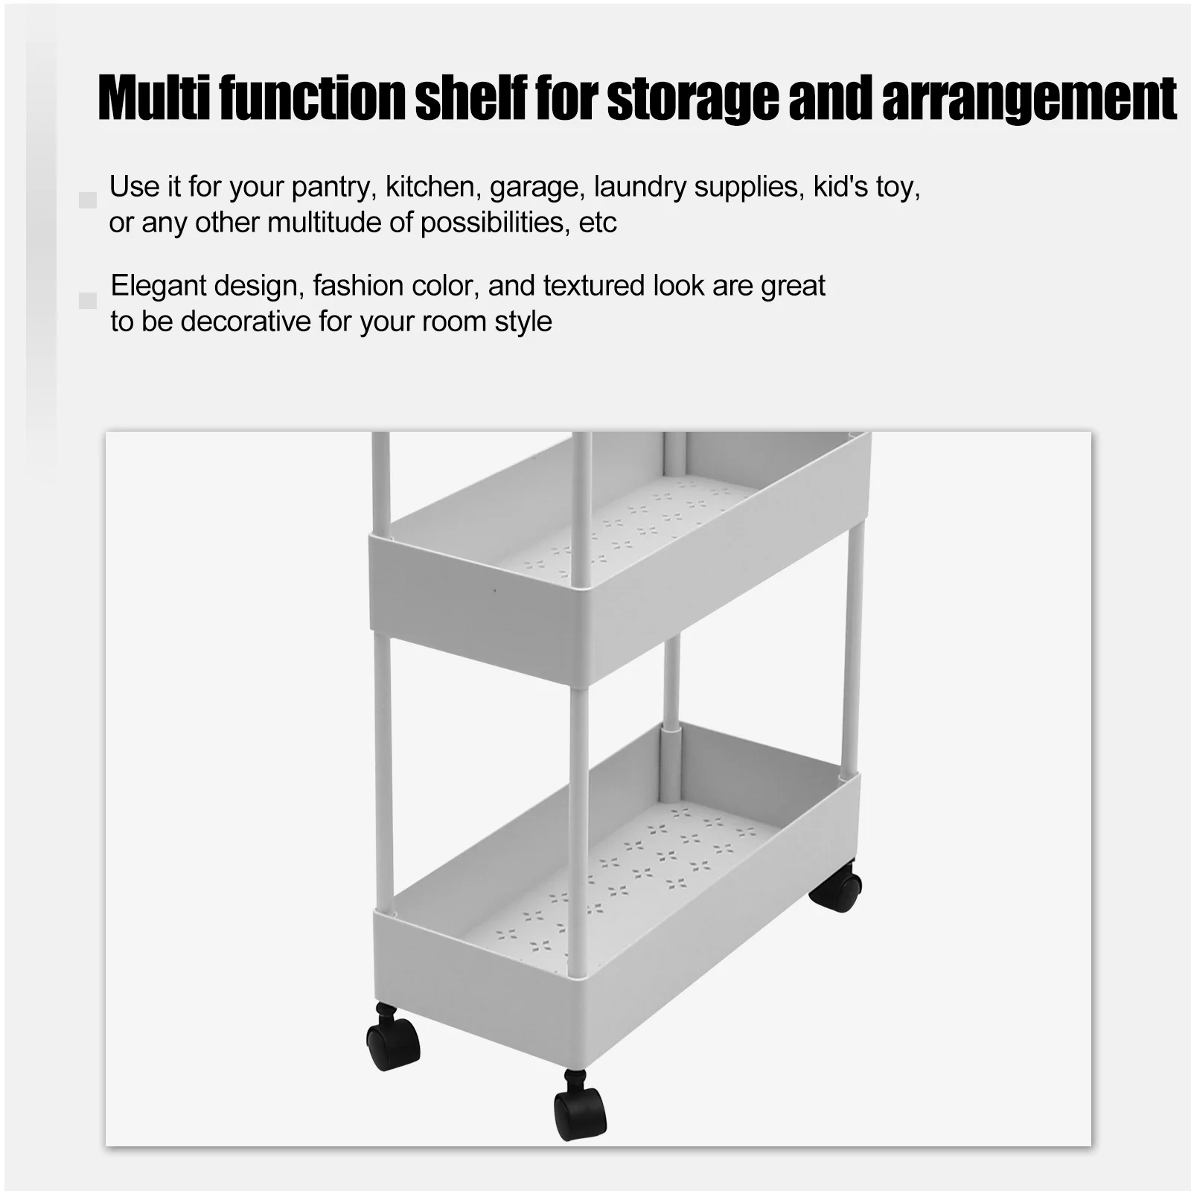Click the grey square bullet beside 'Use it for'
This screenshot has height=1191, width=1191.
tap(88, 200)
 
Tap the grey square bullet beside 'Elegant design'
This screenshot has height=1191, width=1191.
tap(88, 301)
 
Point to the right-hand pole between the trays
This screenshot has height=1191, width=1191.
tap(855, 645)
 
